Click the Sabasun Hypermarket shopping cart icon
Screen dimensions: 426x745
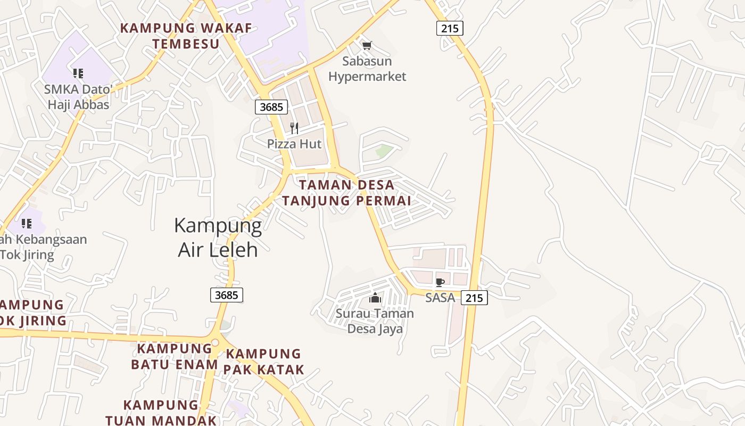tap(367, 45)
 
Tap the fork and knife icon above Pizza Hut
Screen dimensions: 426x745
tap(294, 128)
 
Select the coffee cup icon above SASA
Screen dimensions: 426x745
tap(440, 282)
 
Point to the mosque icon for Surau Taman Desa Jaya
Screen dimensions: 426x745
tap(375, 298)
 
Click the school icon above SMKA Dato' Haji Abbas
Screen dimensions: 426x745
tap(78, 73)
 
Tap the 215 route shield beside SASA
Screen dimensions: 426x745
tap(474, 298)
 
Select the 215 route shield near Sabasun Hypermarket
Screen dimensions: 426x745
tap(450, 28)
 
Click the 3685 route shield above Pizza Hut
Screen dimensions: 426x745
tap(271, 107)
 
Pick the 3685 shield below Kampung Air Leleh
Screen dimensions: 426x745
tap(227, 294)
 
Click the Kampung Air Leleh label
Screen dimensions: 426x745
tap(218, 237)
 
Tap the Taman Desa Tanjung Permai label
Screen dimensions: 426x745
tap(346, 193)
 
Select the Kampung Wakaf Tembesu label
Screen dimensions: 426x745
tap(186, 36)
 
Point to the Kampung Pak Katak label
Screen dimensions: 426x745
tap(264, 362)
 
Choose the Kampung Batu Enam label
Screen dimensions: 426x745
tap(175, 356)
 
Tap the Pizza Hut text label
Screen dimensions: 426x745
tap(294, 144)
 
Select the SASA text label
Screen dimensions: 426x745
tap(440, 298)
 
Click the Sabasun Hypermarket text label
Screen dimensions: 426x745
tap(367, 69)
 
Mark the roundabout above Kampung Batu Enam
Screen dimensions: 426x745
tap(215, 342)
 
